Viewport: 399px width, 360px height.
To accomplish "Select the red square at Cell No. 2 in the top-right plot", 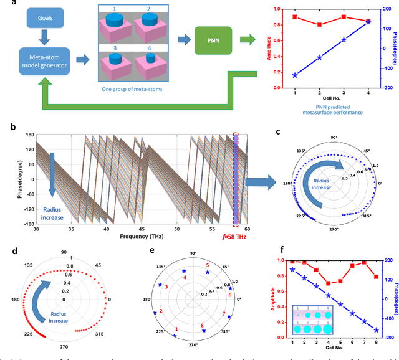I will click(x=319, y=25).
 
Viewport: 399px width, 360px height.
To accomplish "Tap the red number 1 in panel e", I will click(x=176, y=329).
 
